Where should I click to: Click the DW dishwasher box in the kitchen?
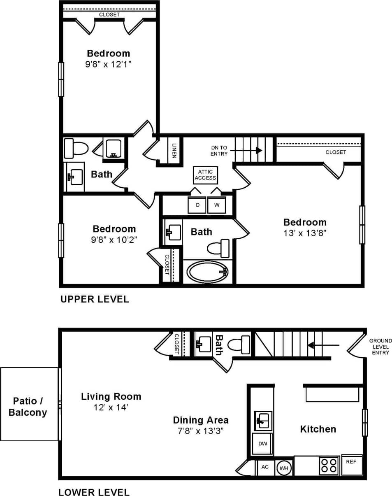(262, 444)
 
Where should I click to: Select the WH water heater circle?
(284, 468)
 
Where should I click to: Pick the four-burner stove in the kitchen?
(329, 466)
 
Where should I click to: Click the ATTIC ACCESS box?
(205, 175)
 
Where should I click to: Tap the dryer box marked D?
(197, 205)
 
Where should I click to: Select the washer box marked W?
(217, 205)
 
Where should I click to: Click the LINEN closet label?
(174, 150)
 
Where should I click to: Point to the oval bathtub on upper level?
(207, 272)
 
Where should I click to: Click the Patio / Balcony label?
(28, 406)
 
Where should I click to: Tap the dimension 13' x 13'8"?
(305, 233)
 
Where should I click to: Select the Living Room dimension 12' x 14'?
(111, 408)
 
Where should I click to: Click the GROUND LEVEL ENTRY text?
(380, 347)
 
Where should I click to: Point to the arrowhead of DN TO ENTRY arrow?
(259, 150)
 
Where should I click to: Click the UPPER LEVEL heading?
(95, 299)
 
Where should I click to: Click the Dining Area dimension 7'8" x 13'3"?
(200, 431)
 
